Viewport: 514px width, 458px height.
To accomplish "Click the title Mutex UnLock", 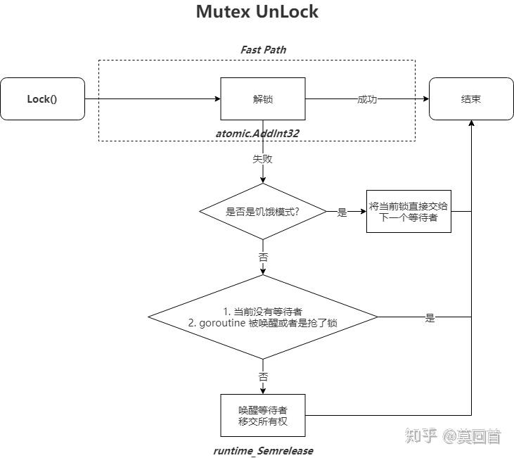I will (x=257, y=12).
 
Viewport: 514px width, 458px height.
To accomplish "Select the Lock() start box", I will (x=42, y=99).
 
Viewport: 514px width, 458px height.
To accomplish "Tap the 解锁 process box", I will (x=263, y=99).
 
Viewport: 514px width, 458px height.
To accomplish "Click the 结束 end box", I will (x=471, y=99).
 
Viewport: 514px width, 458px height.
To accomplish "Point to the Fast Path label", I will (x=263, y=50).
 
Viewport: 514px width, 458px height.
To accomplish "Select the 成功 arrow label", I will (x=366, y=99).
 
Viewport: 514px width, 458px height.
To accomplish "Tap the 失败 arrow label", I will (x=263, y=159).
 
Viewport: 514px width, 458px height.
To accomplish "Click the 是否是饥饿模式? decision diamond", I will (x=263, y=212).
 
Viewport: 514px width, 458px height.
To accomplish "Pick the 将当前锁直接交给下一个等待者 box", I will (x=408, y=212).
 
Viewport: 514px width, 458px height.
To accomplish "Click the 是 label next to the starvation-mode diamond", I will (x=342, y=212).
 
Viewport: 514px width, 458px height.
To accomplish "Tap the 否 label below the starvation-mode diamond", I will (x=263, y=257).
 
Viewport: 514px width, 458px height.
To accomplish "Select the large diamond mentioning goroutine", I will (x=263, y=317).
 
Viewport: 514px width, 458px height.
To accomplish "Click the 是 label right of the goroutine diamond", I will (x=430, y=318).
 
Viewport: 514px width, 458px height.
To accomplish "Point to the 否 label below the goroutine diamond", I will (x=263, y=377).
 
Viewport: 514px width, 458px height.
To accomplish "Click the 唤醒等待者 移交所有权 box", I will (x=263, y=415).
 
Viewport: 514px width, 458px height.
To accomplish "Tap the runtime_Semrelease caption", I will (x=263, y=450).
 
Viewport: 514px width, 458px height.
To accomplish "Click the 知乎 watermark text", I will (x=420, y=436).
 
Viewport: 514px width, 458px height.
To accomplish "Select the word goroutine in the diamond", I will (x=224, y=323).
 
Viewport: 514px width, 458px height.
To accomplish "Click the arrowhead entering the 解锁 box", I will (x=217, y=99).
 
